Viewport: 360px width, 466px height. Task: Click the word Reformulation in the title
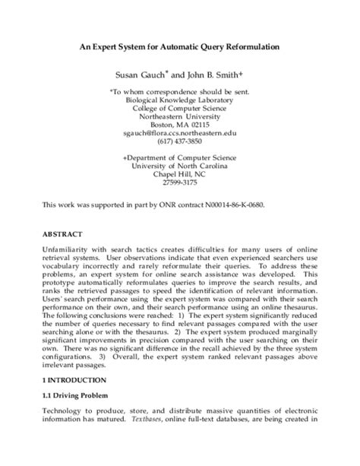point(245,46)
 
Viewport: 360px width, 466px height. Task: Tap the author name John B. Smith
point(209,76)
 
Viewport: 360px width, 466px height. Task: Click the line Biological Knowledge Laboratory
point(180,99)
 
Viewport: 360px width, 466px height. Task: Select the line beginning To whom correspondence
point(180,90)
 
